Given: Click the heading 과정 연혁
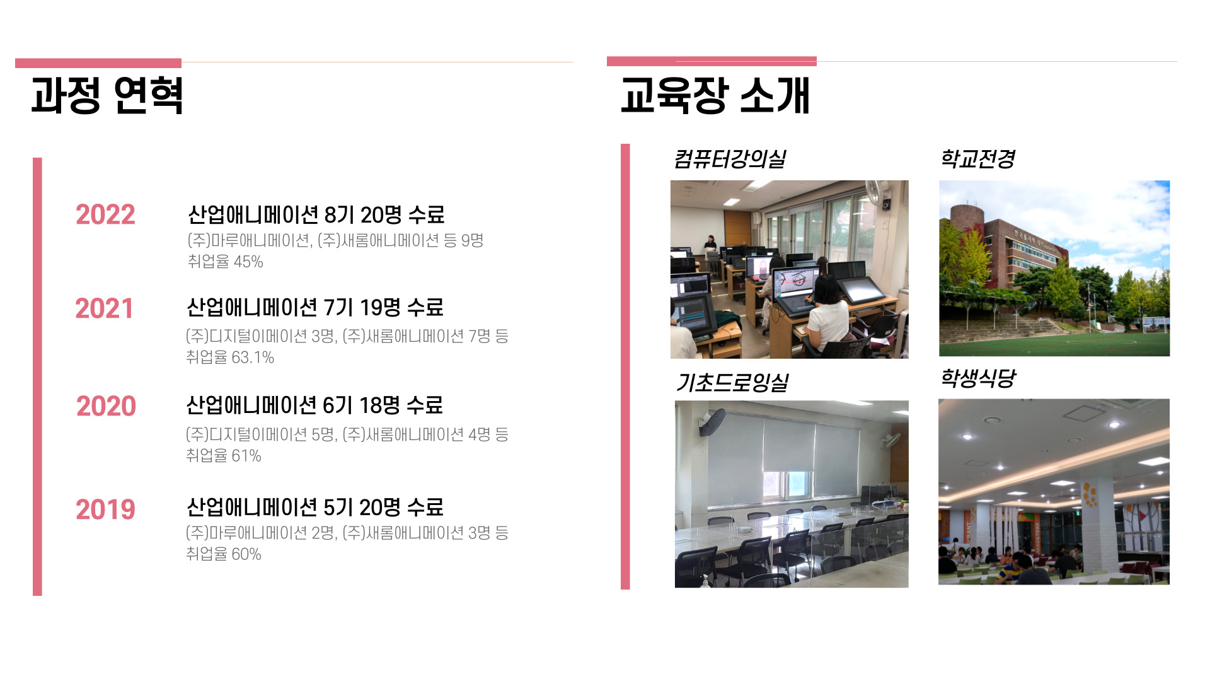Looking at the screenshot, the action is [107, 95].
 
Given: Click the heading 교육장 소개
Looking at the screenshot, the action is [715, 95].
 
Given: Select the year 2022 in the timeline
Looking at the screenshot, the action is [105, 214].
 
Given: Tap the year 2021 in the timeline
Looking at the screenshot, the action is [105, 308].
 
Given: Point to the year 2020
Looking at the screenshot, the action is [106, 406].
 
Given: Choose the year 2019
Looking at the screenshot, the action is [105, 509].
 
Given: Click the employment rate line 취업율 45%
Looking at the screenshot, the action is [225, 262].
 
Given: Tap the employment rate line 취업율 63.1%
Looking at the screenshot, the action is [230, 358].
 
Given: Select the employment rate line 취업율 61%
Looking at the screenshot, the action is [223, 455].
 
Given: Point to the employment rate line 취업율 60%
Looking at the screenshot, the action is [223, 554].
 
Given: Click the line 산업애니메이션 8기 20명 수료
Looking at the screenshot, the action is [316, 214].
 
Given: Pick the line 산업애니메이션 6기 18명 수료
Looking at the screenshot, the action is [314, 405].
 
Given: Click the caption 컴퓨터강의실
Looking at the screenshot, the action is [730, 159].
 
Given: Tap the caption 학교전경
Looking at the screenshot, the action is [977, 158].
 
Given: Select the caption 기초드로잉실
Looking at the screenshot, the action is [732, 382].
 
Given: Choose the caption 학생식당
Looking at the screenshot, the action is [978, 378].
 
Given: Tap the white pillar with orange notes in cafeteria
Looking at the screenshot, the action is [1097, 523].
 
